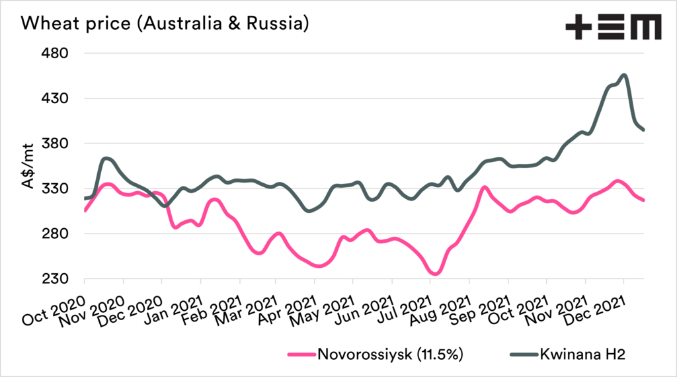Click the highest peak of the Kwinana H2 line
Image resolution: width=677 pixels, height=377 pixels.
[x=623, y=75]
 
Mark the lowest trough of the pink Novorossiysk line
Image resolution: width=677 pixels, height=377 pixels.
[x=435, y=273]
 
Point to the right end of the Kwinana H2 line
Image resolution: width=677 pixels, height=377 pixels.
[x=644, y=130]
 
